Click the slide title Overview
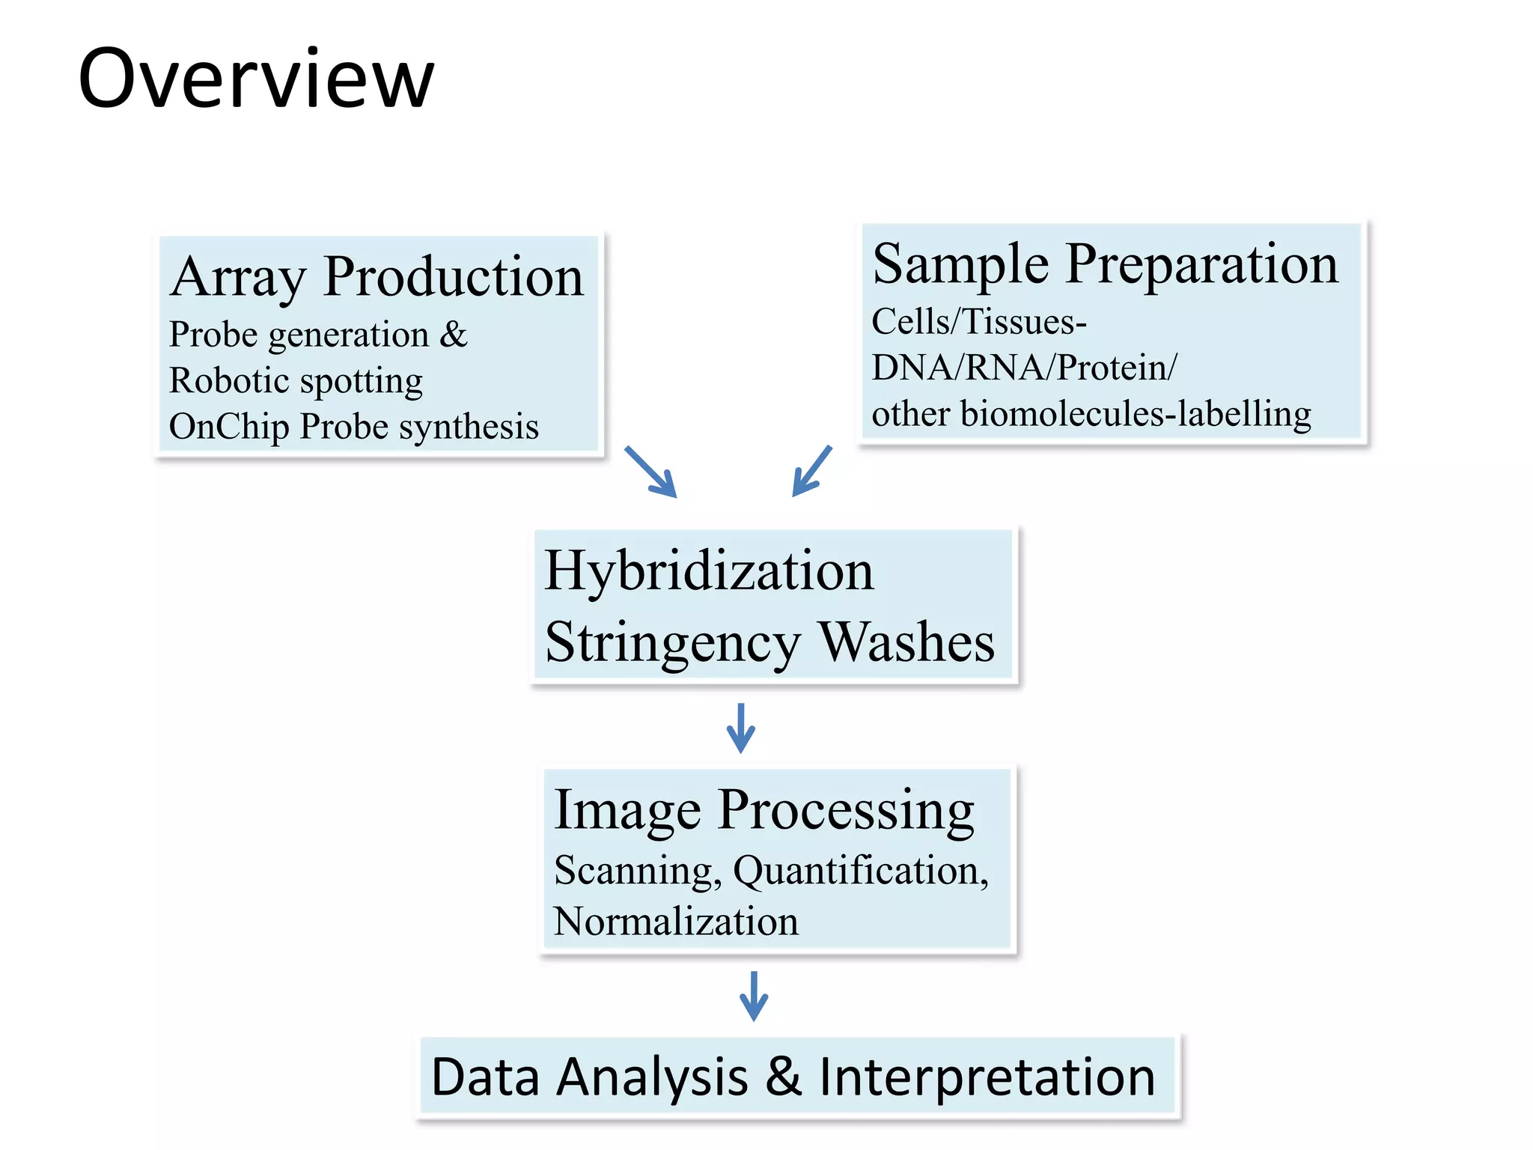pyautogui.click(x=256, y=79)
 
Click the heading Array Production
pyautogui.click(x=377, y=276)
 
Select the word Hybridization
pyautogui.click(x=709, y=571)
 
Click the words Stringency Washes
pyautogui.click(x=769, y=642)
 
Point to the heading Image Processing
pyautogui.click(x=764, y=809)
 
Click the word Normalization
pyautogui.click(x=676, y=921)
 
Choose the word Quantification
pyautogui.click(x=859, y=871)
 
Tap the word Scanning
pyautogui.click(x=637, y=871)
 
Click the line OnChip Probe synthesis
pyautogui.click(x=353, y=427)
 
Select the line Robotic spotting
pyautogui.click(x=296, y=380)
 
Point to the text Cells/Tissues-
pyautogui.click(x=978, y=322)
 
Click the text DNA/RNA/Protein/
pyautogui.click(x=1024, y=368)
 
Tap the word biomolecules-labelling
pyautogui.click(x=1135, y=413)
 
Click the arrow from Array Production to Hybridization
pyautogui.click(x=651, y=472)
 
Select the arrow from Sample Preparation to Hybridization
pyautogui.click(x=812, y=470)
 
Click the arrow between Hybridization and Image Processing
pyautogui.click(x=741, y=728)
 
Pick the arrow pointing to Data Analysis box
pyautogui.click(x=754, y=996)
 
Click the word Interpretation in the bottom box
pyautogui.click(x=987, y=1077)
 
